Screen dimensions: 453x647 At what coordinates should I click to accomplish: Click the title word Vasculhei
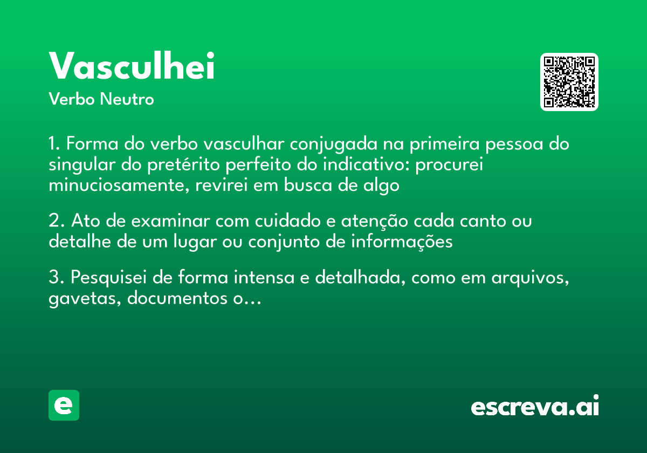(x=132, y=67)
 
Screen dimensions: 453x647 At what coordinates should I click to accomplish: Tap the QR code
(x=569, y=82)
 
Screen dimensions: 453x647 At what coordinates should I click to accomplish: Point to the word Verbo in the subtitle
(x=71, y=100)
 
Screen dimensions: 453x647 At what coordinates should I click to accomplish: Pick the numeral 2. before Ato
(x=57, y=222)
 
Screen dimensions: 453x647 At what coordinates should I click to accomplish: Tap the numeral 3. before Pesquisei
(x=57, y=278)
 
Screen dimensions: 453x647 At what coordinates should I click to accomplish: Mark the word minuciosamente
(x=117, y=186)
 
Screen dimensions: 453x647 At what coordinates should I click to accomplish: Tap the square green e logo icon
(x=64, y=406)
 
